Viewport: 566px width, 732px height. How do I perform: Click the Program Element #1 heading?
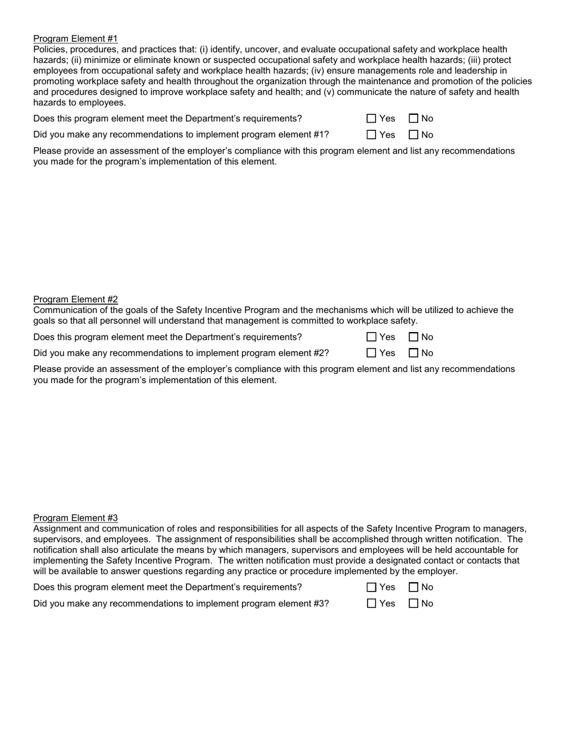(75, 39)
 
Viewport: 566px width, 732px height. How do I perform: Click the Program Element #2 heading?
(75, 299)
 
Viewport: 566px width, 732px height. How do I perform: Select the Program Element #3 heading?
(75, 518)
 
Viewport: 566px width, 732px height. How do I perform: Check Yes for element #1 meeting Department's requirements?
(372, 118)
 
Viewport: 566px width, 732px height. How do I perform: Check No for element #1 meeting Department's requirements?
(414, 118)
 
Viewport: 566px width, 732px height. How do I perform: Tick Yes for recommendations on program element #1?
(372, 134)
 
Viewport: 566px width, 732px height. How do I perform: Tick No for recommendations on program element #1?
(414, 134)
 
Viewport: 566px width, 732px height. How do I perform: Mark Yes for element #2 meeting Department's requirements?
(372, 337)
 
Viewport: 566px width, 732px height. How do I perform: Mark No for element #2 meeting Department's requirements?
(414, 337)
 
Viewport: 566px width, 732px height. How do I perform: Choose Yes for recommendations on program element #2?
(372, 353)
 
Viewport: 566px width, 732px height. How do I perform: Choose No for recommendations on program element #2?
(414, 353)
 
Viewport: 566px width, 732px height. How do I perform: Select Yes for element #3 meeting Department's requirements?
(372, 587)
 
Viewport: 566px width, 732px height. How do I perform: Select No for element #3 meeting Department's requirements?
(414, 587)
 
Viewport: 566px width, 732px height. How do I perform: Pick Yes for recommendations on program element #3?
(372, 603)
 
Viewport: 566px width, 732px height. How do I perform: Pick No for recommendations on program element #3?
(414, 603)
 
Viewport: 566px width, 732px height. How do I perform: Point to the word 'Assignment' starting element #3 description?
(58, 528)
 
